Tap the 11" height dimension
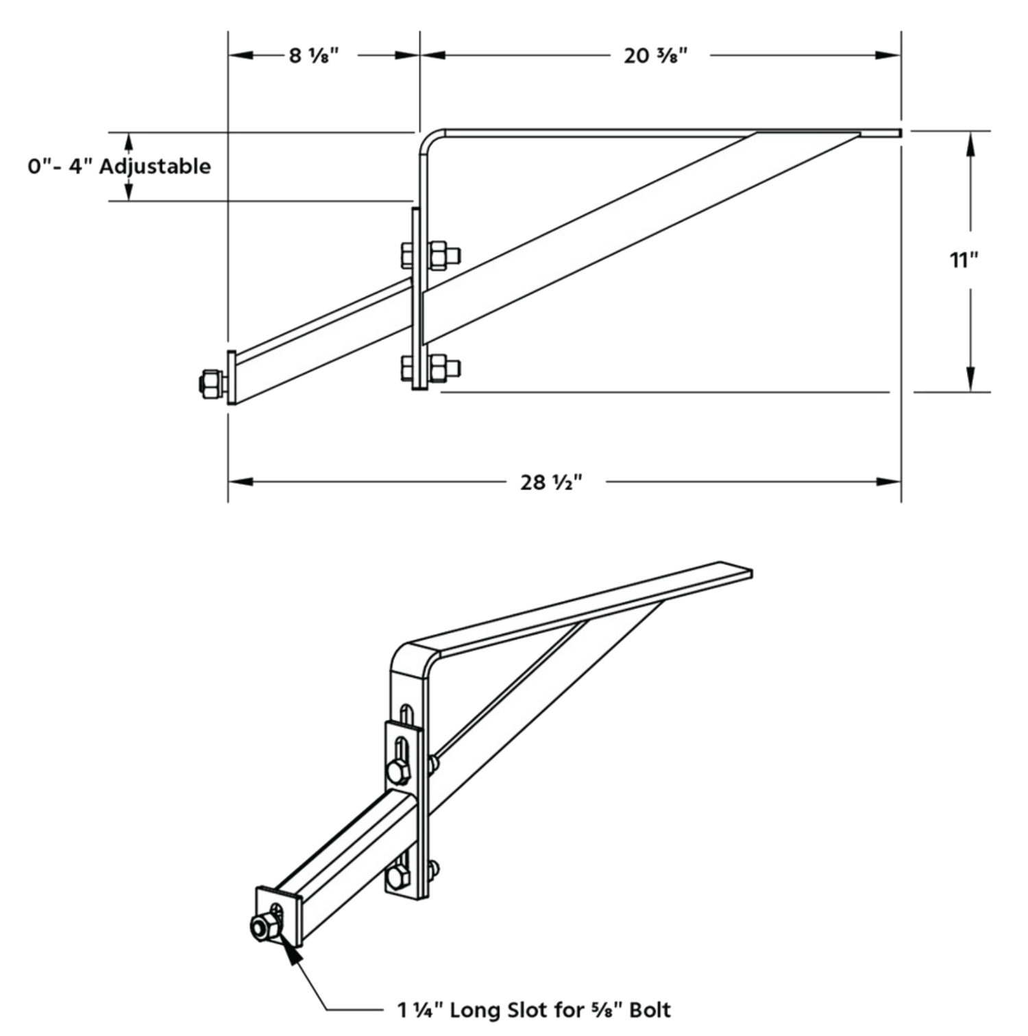(x=964, y=261)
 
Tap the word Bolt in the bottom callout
(x=647, y=1009)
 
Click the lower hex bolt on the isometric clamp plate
(x=396, y=878)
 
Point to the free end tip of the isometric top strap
(x=750, y=573)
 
